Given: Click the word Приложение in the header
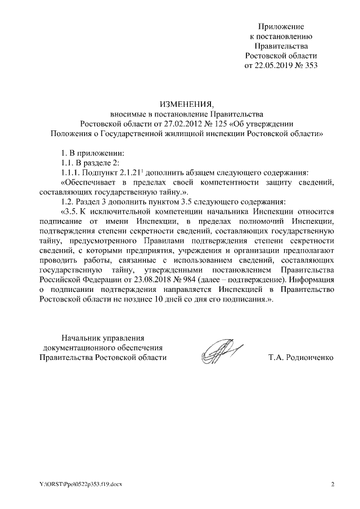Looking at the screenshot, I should [281, 26].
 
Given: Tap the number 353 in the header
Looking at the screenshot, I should [312, 65].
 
